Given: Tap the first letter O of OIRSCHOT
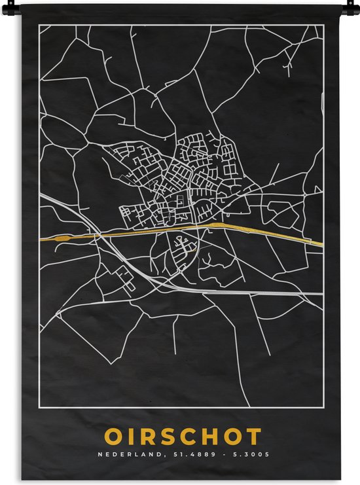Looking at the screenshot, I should click(112, 437).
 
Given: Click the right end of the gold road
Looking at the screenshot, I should click(320, 244).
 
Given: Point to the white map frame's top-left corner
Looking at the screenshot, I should click(40, 25).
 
